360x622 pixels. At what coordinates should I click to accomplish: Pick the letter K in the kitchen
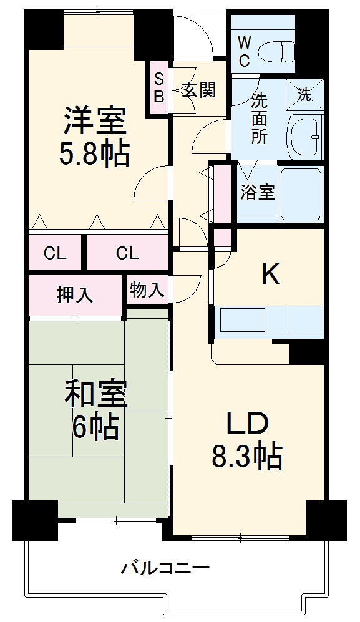(270, 274)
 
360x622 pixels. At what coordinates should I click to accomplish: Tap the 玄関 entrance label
(199, 90)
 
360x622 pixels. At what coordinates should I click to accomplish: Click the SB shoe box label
(159, 88)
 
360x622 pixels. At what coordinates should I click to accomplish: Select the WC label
(244, 52)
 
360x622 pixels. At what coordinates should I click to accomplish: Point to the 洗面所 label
(260, 118)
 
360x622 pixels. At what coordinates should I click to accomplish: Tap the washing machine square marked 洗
(304, 95)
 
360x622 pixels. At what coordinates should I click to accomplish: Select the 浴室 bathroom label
(258, 192)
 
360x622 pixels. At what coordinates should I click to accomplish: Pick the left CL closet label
(55, 253)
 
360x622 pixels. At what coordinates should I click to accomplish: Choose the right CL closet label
(127, 253)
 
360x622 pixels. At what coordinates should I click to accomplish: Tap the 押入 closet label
(75, 294)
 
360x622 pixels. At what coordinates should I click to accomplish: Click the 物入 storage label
(148, 290)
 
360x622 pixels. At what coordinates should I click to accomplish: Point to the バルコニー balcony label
(165, 568)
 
